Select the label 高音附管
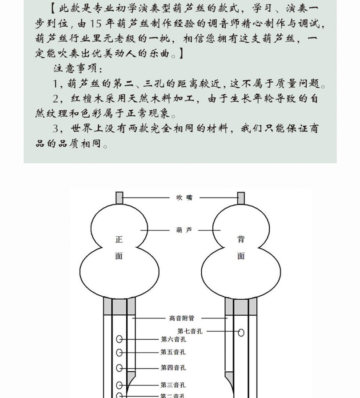(181, 318)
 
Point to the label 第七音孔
(191, 331)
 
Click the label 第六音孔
(173, 339)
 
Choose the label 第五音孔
(173, 352)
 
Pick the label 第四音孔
(173, 368)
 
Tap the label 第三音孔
(173, 385)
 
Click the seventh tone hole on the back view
(241, 332)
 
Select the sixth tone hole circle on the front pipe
(120, 339)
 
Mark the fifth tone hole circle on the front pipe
(120, 353)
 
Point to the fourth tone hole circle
(120, 368)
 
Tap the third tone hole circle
(120, 385)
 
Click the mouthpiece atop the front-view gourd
(119, 198)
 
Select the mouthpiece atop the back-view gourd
(241, 198)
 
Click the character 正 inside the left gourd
(119, 240)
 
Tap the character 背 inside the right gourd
(241, 240)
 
